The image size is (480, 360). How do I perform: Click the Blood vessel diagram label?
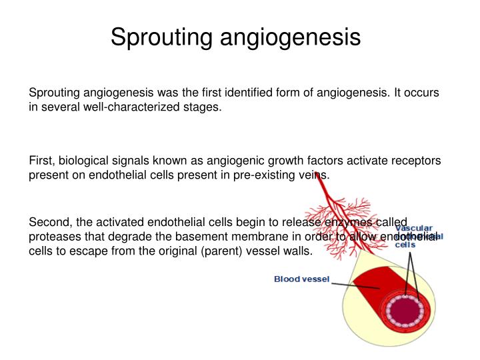coord(302,279)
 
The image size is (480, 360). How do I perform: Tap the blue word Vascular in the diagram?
coord(414,227)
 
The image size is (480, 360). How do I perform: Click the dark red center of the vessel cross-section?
coord(405,311)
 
